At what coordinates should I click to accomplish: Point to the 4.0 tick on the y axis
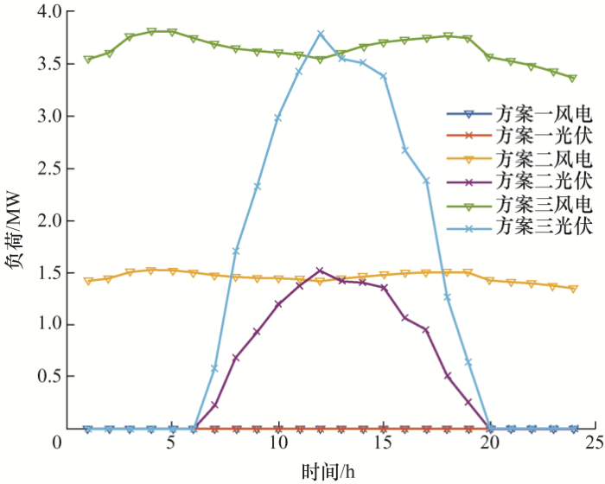tap(41, 12)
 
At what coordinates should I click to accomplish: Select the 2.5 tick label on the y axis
tap(41, 169)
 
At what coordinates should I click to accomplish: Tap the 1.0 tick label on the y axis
tap(41, 325)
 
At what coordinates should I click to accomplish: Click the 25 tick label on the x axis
tap(594, 443)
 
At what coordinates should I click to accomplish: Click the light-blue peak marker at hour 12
tap(321, 34)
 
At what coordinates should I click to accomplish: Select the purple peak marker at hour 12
tap(321, 271)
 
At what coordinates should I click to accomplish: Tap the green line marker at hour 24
tap(573, 78)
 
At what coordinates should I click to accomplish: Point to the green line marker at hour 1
tap(87, 60)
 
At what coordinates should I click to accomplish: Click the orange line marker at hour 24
tap(573, 289)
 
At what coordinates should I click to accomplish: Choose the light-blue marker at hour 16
tap(404, 150)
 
